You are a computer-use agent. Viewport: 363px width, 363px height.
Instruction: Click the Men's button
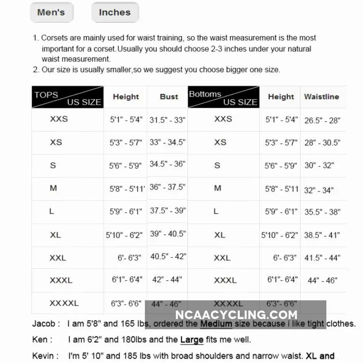(51, 12)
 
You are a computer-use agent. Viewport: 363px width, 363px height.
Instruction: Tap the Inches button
(115, 12)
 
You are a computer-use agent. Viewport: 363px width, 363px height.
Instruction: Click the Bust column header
(169, 97)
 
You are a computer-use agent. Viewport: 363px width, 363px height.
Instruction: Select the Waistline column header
(321, 97)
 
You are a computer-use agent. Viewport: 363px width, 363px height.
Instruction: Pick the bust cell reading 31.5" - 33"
(167, 120)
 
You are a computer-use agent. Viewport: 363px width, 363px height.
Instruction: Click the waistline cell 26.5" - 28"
(322, 120)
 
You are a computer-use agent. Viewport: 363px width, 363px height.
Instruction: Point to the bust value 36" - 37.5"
(167, 187)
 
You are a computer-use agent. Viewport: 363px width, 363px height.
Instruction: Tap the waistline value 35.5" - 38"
(322, 212)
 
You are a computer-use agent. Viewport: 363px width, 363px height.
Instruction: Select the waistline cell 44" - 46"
(322, 280)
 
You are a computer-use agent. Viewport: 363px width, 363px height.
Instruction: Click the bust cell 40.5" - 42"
(168, 256)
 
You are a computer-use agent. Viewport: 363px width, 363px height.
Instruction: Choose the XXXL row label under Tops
(61, 280)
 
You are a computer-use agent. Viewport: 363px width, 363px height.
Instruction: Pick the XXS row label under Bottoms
(223, 119)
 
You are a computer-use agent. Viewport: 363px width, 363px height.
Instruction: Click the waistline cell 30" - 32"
(319, 166)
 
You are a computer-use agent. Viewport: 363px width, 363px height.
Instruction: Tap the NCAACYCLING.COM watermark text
(236, 315)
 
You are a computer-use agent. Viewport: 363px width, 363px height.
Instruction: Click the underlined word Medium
(216, 324)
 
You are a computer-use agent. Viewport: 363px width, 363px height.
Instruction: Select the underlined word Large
(192, 339)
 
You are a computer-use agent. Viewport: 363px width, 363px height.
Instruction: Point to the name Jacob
(44, 324)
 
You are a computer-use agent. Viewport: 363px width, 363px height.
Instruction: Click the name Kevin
(43, 356)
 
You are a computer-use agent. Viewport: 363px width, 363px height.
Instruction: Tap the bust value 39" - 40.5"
(168, 234)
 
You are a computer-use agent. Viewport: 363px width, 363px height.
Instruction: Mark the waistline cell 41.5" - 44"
(322, 258)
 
